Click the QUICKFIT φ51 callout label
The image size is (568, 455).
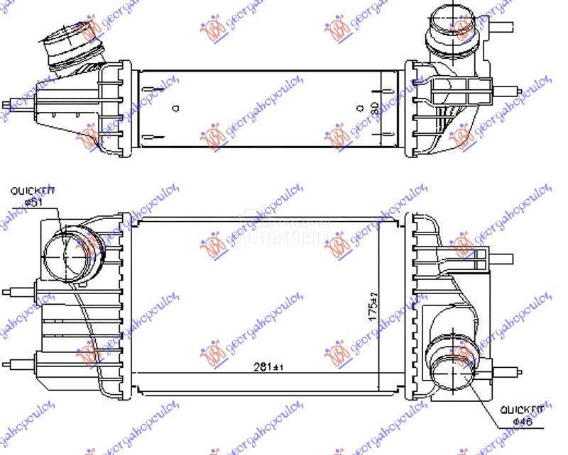coord(31,195)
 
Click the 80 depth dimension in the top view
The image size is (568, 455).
coord(374,109)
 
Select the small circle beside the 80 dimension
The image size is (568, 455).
coord(356,108)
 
